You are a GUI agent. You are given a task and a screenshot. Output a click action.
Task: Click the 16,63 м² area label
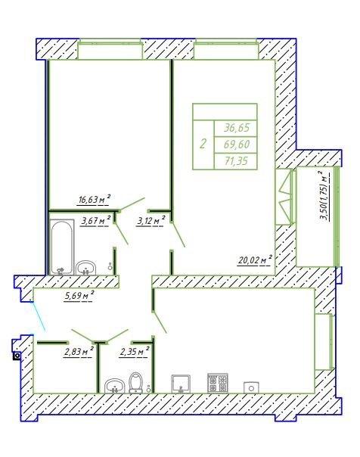pyautogui.click(x=95, y=200)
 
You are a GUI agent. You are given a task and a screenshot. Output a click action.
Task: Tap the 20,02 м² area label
pyautogui.click(x=255, y=260)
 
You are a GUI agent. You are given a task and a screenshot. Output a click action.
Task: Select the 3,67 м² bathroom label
pyautogui.click(x=96, y=221)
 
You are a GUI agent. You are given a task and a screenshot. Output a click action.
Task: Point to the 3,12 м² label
pyautogui.click(x=151, y=221)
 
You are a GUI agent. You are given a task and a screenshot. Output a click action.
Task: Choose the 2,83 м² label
pyautogui.click(x=79, y=352)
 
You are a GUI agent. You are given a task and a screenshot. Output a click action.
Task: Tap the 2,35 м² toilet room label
pyautogui.click(x=135, y=352)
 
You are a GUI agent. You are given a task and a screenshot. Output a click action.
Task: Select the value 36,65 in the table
pyautogui.click(x=236, y=128)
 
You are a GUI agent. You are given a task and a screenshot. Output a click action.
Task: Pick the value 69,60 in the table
pyautogui.click(x=236, y=144)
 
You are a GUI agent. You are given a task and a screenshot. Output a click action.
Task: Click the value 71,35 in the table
pyautogui.click(x=236, y=160)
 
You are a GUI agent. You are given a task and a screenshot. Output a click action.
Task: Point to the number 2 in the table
pyautogui.click(x=203, y=144)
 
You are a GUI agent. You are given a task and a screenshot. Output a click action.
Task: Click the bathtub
pyautogui.click(x=61, y=247)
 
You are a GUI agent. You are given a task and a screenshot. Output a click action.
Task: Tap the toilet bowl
pyautogui.click(x=135, y=382)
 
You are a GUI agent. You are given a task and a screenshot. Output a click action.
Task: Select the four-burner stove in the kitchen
pyautogui.click(x=217, y=383)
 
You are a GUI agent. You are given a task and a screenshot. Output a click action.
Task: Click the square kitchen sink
pyautogui.click(x=181, y=384)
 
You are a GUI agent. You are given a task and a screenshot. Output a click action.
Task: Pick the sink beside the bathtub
pyautogui.click(x=85, y=268)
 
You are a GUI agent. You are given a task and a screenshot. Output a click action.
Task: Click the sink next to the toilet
pyautogui.click(x=114, y=386)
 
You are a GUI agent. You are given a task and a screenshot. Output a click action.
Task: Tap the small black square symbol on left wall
pyautogui.click(x=17, y=356)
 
